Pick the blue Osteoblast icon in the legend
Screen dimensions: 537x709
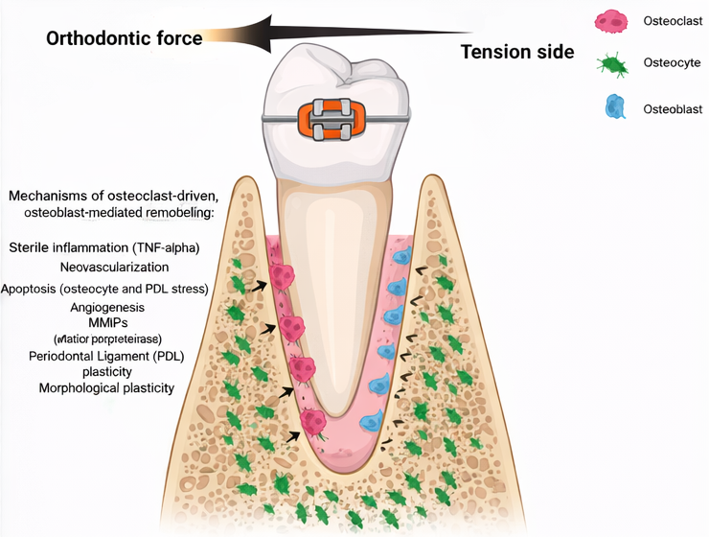coord(614,106)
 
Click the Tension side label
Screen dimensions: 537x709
coord(517,52)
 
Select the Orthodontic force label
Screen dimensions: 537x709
coord(125,38)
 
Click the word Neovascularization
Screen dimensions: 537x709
coord(114,267)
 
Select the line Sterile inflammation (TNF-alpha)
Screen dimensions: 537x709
coord(104,247)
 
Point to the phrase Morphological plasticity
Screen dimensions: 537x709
coord(106,387)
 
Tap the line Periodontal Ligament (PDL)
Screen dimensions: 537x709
coord(106,356)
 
